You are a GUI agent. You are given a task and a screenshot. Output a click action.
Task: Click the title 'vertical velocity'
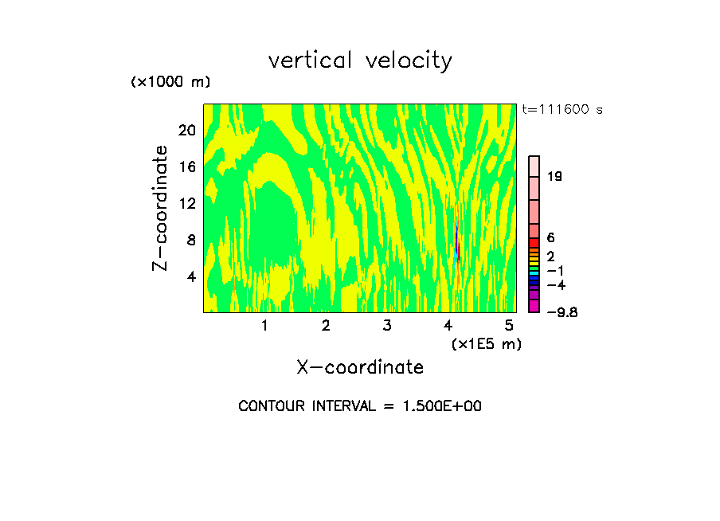pyautogui.click(x=360, y=61)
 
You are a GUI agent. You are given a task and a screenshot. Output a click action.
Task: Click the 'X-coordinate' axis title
pyautogui.click(x=360, y=367)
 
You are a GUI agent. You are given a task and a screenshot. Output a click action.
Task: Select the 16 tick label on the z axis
pyautogui.click(x=186, y=166)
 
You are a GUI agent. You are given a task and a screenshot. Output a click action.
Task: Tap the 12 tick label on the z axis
pyautogui.click(x=186, y=203)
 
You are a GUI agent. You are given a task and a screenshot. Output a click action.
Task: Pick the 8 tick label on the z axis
pyautogui.click(x=190, y=240)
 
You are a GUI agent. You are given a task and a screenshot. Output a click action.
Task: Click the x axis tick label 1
pyautogui.click(x=264, y=325)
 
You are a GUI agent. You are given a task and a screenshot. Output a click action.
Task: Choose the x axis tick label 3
pyautogui.click(x=386, y=325)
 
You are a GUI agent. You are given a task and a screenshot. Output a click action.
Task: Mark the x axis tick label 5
pyautogui.click(x=509, y=325)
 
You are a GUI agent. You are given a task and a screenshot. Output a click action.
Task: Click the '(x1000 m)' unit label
pyautogui.click(x=170, y=83)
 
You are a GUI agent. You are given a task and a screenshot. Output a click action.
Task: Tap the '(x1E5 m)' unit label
pyautogui.click(x=487, y=344)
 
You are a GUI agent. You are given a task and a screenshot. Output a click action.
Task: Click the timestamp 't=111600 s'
pyautogui.click(x=562, y=110)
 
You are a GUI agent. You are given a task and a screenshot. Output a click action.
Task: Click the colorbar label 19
pyautogui.click(x=555, y=177)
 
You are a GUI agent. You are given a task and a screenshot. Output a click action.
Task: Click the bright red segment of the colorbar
pyautogui.click(x=534, y=243)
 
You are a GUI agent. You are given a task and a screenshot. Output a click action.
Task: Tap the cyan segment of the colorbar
pyautogui.click(x=534, y=273)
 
